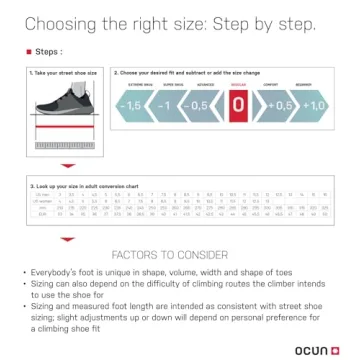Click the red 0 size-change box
coord(237,107)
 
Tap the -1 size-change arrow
coord(166,107)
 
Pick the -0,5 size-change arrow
coord(200,107)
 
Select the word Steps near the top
coord(47,49)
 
